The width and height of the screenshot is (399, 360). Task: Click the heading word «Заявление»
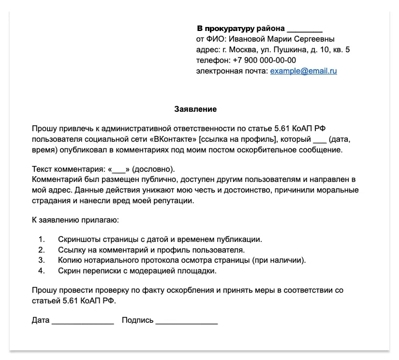point(195,109)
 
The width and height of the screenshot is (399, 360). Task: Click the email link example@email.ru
point(303,71)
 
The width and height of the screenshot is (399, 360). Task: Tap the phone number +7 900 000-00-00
point(264,60)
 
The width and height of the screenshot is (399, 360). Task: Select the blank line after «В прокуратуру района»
point(304,29)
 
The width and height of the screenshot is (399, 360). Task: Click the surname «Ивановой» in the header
point(250,39)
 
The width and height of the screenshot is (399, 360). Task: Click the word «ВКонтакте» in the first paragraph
point(174,139)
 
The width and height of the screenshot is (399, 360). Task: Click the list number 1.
point(42,240)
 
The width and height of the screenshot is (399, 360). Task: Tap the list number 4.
point(42,271)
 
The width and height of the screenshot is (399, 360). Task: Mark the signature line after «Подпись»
point(186,321)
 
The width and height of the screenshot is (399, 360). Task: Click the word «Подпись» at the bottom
point(137,320)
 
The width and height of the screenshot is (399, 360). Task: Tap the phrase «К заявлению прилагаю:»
point(74,220)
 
